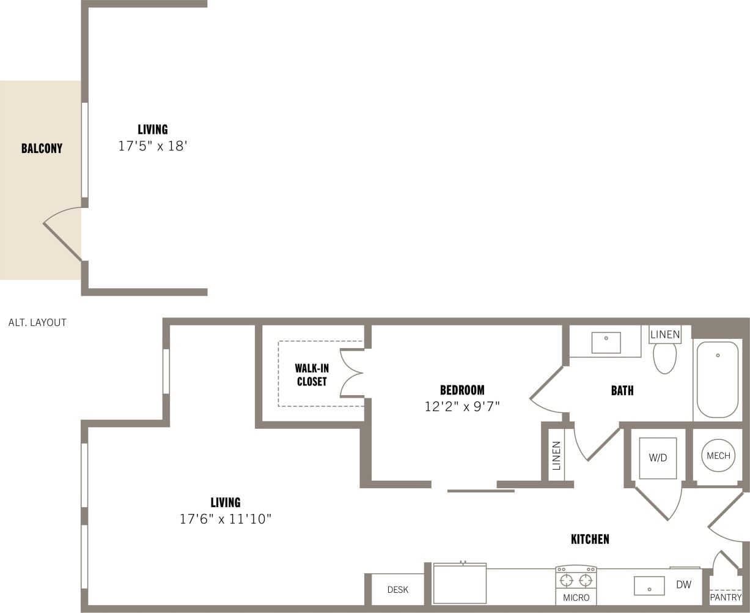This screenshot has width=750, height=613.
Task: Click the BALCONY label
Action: tap(42, 148)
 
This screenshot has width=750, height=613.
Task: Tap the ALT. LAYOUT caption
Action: tap(37, 322)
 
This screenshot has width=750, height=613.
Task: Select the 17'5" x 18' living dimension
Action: tap(152, 146)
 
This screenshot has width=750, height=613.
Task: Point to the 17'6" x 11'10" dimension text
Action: tap(225, 519)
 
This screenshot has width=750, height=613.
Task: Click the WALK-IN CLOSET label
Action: tap(312, 375)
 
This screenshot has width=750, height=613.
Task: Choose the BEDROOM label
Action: tap(462, 390)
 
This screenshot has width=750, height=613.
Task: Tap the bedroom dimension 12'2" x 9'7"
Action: tap(462, 406)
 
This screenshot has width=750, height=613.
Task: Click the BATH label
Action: tap(622, 390)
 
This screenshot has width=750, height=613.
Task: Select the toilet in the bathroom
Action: tap(664, 358)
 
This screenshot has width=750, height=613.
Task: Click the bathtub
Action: tap(718, 379)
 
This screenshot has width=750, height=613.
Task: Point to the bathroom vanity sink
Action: tap(606, 342)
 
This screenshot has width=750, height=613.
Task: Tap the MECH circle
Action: tap(718, 456)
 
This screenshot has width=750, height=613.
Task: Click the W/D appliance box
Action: tap(658, 458)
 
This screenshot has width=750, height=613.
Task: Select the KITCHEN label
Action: tap(590, 539)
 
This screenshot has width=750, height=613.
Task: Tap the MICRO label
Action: tap(576, 598)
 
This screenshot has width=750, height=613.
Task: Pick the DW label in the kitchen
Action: tap(683, 585)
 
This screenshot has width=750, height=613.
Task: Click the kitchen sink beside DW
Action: tap(649, 585)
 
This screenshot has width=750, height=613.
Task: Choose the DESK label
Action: tap(398, 590)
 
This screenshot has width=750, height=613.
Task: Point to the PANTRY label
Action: tap(726, 597)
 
